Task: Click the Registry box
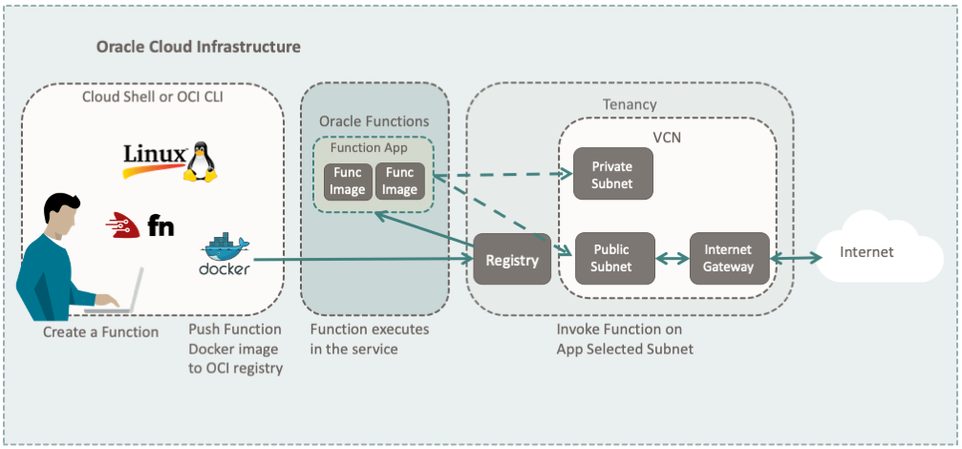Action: tap(512, 259)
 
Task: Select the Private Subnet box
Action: tap(612, 174)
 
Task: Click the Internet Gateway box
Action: tap(729, 258)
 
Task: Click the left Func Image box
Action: tap(348, 181)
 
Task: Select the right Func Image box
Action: tap(399, 181)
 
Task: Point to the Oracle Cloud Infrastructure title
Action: tap(199, 47)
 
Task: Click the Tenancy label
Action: tap(630, 103)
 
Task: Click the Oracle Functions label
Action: tap(374, 121)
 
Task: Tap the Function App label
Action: tap(369, 148)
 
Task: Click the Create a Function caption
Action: tap(101, 331)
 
